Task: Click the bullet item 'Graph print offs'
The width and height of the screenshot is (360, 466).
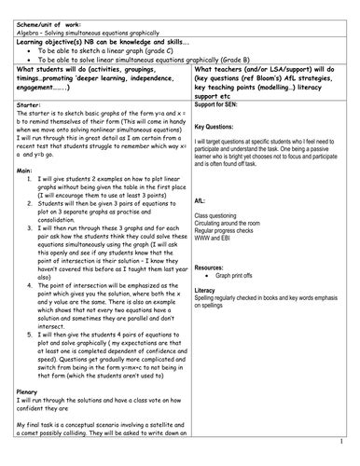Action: pyautogui.click(x=236, y=275)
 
